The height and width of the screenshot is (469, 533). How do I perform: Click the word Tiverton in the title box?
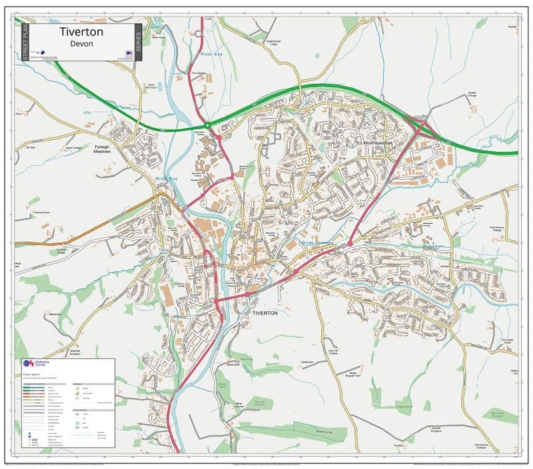pos(81,31)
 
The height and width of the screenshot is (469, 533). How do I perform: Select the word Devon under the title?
pos(81,43)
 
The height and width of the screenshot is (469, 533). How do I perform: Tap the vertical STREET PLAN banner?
pos(26,43)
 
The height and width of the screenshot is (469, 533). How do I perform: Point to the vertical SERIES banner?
pos(138,43)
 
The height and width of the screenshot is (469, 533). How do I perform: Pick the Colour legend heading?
pos(33,374)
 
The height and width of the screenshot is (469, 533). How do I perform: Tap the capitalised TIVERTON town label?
pos(265,312)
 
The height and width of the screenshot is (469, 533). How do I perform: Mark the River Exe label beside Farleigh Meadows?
pos(167,179)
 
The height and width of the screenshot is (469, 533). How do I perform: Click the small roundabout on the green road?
pos(207,125)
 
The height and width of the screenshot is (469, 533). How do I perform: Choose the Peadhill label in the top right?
pos(512,27)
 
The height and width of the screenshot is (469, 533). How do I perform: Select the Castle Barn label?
pos(307,362)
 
